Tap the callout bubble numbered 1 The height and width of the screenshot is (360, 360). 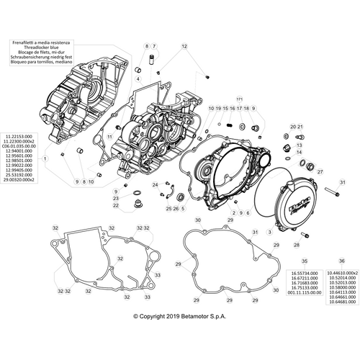point(45,158)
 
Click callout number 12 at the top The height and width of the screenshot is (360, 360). point(184,45)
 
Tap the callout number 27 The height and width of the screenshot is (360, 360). point(320,173)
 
